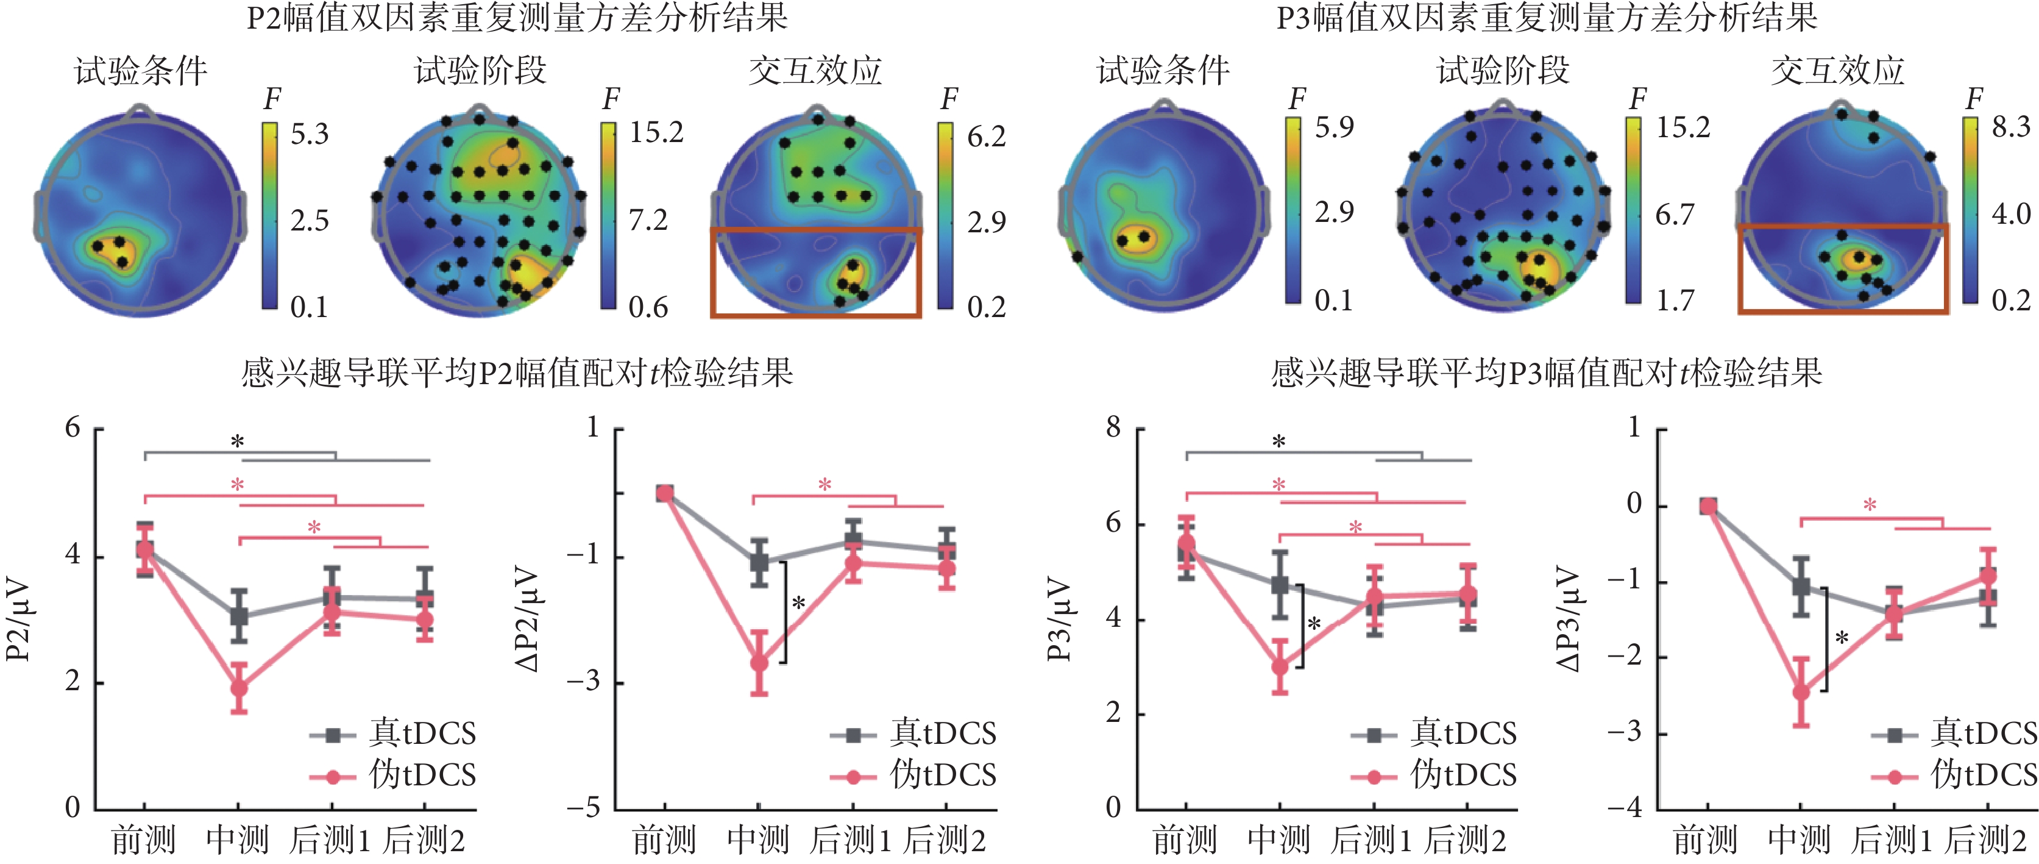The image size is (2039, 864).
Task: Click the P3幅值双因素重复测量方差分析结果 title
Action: click(1547, 18)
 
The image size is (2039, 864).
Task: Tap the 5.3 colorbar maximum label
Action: click(310, 134)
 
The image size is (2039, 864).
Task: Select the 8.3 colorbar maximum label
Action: click(2010, 127)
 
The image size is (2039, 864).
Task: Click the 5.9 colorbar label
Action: click(1335, 127)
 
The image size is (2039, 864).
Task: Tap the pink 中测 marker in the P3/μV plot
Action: click(1280, 667)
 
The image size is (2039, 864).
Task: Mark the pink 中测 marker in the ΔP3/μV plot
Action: click(1801, 691)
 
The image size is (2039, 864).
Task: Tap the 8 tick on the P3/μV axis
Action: click(1114, 429)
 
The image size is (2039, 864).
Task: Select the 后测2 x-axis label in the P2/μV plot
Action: click(425, 840)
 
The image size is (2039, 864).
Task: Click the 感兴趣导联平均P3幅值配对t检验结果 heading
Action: click(1547, 372)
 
